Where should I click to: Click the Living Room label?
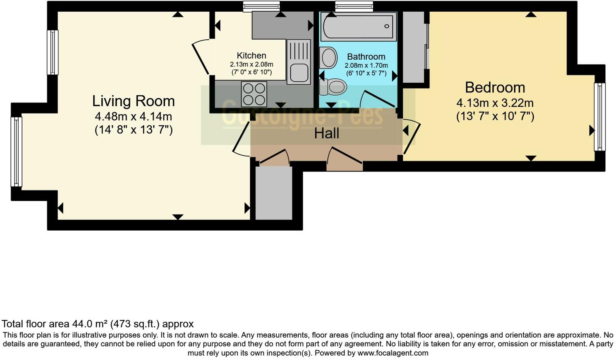133,101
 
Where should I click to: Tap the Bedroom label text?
495,88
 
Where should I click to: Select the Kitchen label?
251,56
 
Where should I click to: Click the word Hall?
326,133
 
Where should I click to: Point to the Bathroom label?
366,57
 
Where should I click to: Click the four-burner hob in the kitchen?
254,94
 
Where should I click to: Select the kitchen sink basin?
298,73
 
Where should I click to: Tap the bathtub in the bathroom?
358,26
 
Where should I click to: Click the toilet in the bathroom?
333,86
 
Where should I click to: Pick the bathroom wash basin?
328,58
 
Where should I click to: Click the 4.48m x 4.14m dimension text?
133,117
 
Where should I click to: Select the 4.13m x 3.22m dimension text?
495,103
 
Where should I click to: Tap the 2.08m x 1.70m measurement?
366,65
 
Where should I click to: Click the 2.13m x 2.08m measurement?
251,64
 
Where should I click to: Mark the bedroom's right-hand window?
599,117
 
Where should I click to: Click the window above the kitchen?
261,6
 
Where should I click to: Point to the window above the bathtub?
354,6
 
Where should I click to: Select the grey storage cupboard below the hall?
274,193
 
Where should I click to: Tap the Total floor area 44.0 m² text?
98,324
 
